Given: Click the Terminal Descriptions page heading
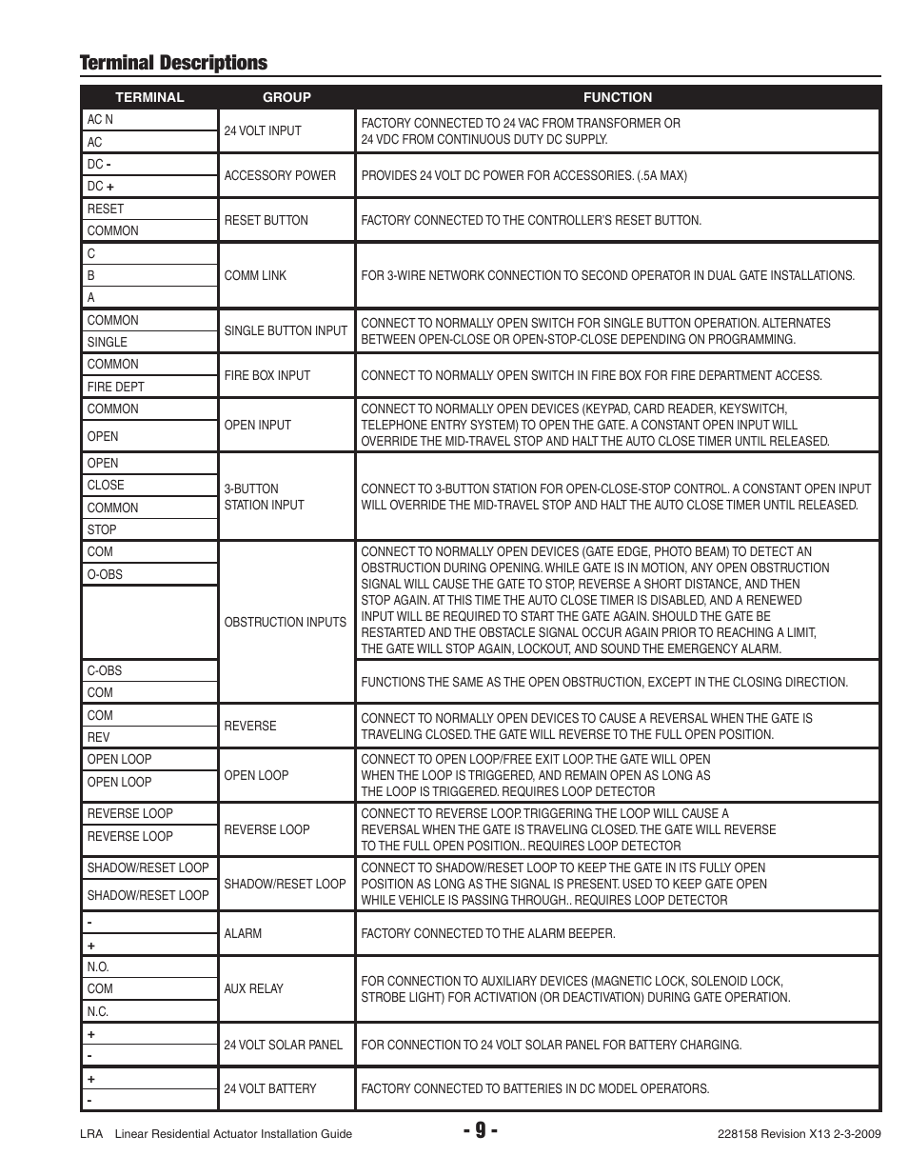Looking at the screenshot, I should point(173,63).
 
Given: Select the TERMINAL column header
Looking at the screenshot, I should point(149,97).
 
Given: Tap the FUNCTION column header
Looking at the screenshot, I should point(618,97).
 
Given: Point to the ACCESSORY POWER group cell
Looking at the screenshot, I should point(280,175).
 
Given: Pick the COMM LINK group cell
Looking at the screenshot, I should point(255,275).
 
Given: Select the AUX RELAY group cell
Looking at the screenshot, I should point(253,988).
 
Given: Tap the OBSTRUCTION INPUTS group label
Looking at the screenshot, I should point(286,622).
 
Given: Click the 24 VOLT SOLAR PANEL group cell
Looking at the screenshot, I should point(283,1045).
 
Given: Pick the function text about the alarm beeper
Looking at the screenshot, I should point(488,933).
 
